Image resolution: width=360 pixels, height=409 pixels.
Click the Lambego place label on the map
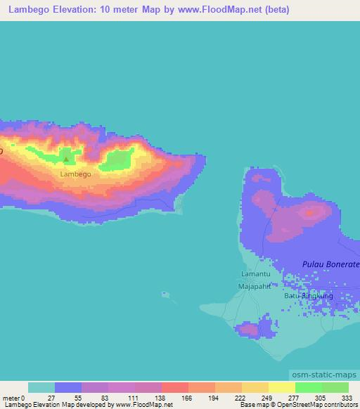pyautogui.click(x=75, y=174)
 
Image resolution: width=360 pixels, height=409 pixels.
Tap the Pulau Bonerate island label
pyautogui.click(x=330, y=264)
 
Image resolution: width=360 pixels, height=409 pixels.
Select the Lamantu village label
pyautogui.click(x=255, y=273)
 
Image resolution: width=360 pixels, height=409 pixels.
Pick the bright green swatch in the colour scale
pyautogui.click(x=309, y=387)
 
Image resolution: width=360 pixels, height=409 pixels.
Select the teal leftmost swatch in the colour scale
pyautogui.click(x=41, y=387)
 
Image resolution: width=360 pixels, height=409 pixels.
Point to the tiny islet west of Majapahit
pyautogui.click(x=166, y=295)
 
